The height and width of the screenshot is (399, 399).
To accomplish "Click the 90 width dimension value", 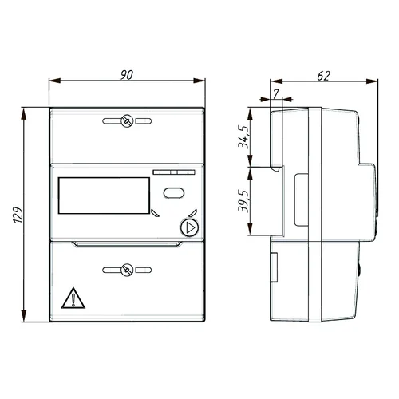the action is point(127,75).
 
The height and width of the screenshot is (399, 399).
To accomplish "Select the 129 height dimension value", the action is point(18,215).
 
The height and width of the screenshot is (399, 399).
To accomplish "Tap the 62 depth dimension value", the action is point(324,76).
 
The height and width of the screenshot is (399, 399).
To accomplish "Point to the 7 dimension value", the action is point(276,93).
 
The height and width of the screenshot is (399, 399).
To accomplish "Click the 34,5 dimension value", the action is point(243,136).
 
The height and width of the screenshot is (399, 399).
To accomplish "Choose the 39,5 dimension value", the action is point(243,201).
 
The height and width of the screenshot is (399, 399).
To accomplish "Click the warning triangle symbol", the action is point(73,298).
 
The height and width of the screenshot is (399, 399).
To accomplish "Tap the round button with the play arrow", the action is point(190,227).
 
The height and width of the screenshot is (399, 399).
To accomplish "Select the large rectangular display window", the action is point(104,196).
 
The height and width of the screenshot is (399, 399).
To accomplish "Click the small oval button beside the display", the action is point(174,193).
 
